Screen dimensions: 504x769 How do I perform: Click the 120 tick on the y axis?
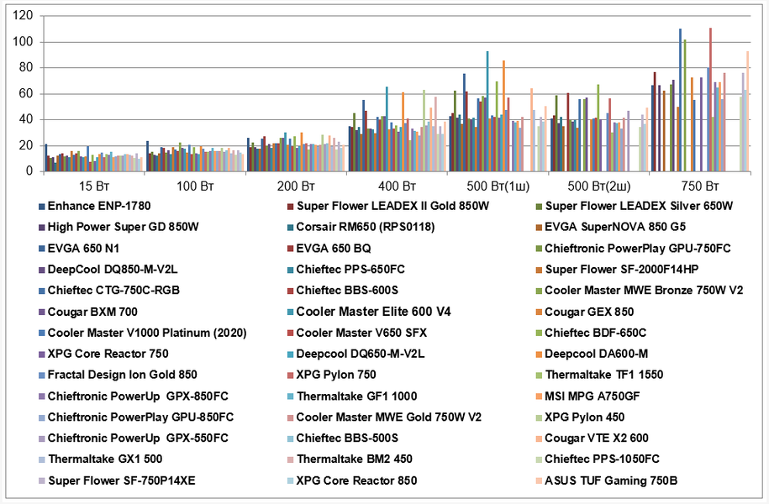tap(23, 16)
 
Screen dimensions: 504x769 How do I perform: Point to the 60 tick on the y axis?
tap(25, 93)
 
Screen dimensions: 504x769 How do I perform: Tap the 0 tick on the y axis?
tap(29, 171)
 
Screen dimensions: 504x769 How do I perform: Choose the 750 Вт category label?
tap(699, 185)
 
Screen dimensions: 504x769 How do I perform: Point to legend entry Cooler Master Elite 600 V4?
tap(373, 312)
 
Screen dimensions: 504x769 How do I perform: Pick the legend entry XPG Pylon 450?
tap(585, 417)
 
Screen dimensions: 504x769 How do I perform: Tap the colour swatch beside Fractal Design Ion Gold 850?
tap(41, 375)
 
